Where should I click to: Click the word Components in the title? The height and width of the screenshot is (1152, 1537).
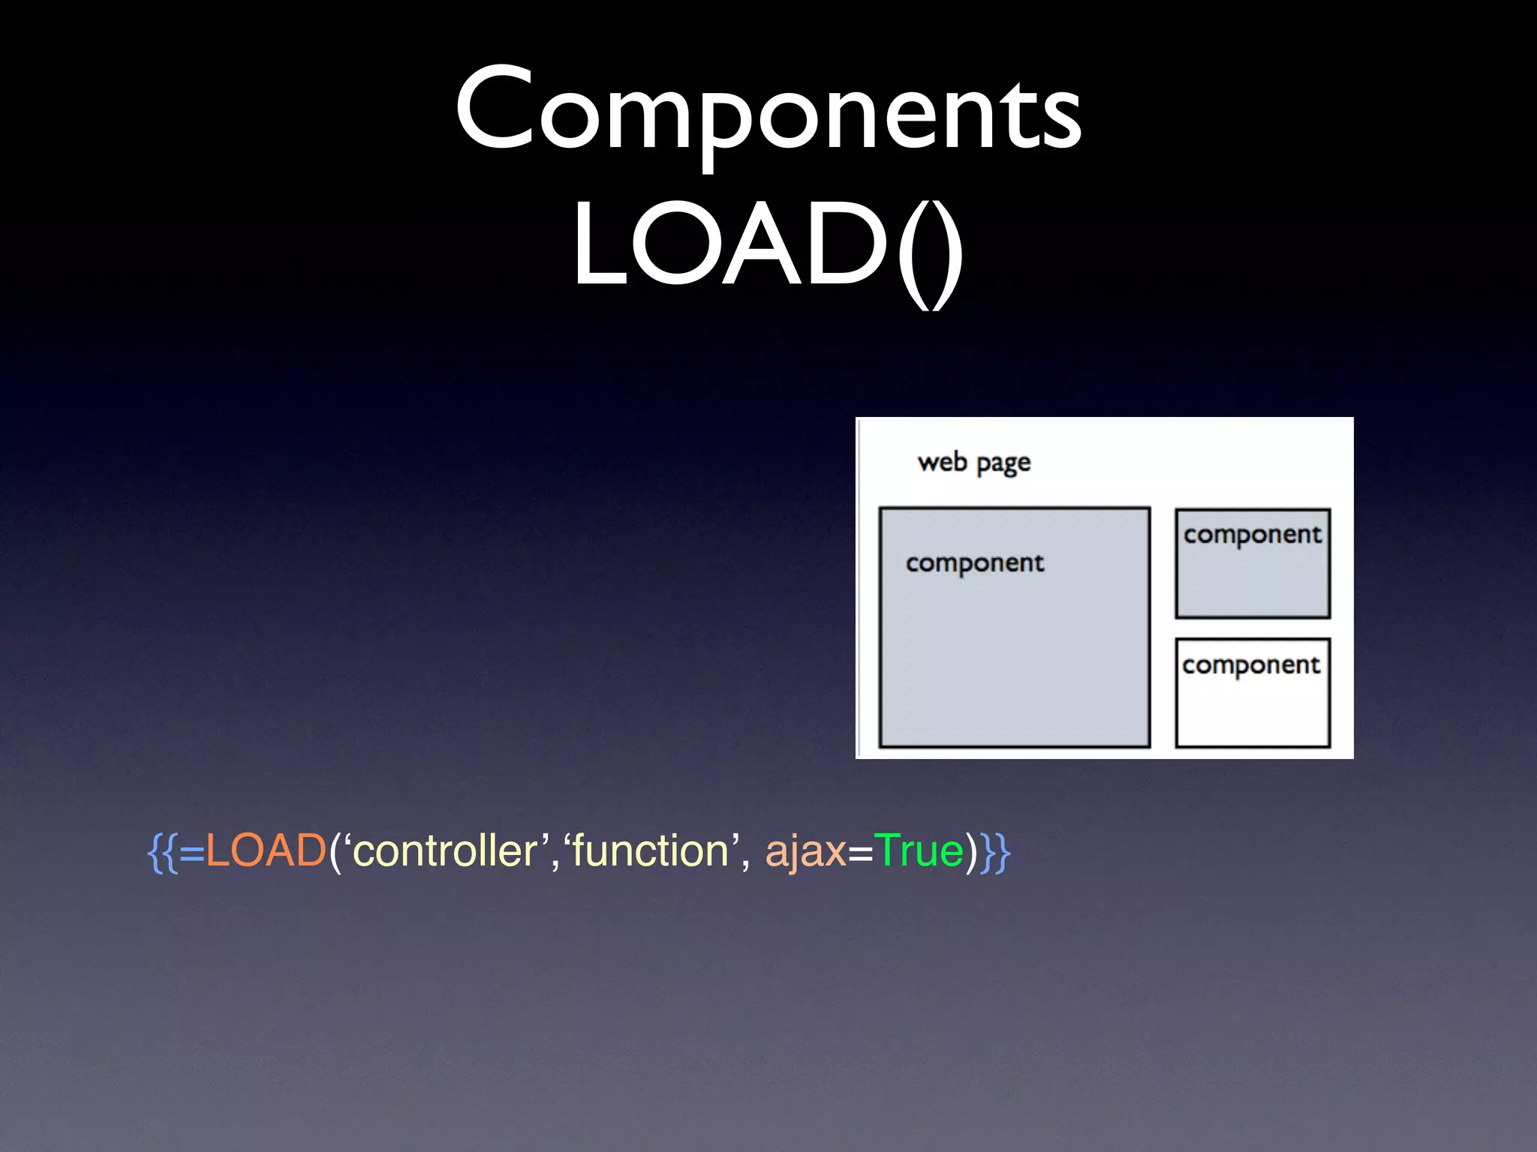pos(768,109)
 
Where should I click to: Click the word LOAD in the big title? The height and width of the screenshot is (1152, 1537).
pos(732,244)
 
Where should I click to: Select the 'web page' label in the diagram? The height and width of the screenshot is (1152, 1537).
pos(973,463)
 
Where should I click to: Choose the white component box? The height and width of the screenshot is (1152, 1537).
pos(1253,709)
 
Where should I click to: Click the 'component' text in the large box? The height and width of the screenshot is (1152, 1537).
pos(974,563)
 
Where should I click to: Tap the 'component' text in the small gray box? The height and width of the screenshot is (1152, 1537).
pos(1253,535)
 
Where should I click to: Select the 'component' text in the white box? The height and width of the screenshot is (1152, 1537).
pos(1251,665)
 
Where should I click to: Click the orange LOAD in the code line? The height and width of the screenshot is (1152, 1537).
pos(266,851)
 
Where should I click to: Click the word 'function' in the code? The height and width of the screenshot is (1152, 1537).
pos(651,851)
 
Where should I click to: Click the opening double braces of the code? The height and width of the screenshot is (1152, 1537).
pos(162,853)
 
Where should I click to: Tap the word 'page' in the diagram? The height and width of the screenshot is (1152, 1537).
pos(1003,464)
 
